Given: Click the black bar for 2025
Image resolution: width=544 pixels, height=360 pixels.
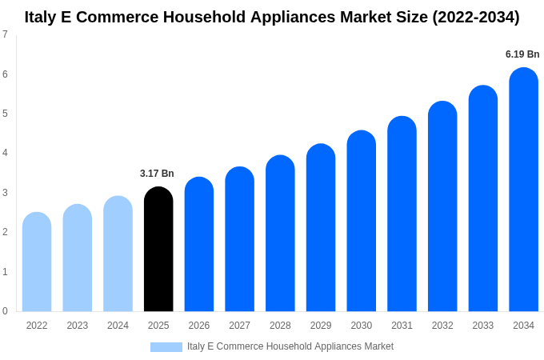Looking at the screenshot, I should (158, 250).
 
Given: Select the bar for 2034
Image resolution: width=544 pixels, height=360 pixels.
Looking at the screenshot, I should (523, 190).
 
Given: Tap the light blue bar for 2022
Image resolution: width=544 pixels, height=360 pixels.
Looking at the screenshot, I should (37, 262).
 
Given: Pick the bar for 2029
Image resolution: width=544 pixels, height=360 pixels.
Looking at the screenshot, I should (321, 228).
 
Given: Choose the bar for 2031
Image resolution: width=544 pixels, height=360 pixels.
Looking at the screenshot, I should (402, 214).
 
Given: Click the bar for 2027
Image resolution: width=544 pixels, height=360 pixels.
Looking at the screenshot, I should (239, 239).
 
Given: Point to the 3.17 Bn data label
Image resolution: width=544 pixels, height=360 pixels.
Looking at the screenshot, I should (157, 174).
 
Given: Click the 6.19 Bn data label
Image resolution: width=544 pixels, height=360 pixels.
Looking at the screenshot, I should (522, 54).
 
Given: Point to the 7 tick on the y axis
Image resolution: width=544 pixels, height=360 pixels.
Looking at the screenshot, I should (5, 34).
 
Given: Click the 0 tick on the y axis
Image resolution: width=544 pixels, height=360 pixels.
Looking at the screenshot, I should (5, 311).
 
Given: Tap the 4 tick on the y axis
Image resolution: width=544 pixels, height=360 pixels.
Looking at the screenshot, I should (5, 153).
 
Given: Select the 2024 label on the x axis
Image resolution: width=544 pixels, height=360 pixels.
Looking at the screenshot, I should (118, 326).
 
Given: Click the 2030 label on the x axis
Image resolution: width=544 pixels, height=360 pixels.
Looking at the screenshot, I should (361, 326).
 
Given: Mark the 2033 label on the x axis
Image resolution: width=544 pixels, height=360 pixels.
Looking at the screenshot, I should (482, 326).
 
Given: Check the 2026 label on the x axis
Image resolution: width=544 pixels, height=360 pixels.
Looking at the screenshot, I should (199, 326).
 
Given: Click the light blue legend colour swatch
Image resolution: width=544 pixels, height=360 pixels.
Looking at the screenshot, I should (166, 347).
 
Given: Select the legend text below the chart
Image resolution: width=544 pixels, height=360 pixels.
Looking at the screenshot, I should (290, 346).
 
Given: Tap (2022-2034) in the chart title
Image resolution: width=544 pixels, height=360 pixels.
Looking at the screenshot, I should (475, 17).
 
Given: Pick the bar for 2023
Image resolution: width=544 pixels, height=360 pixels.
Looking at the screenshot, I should (78, 258).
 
